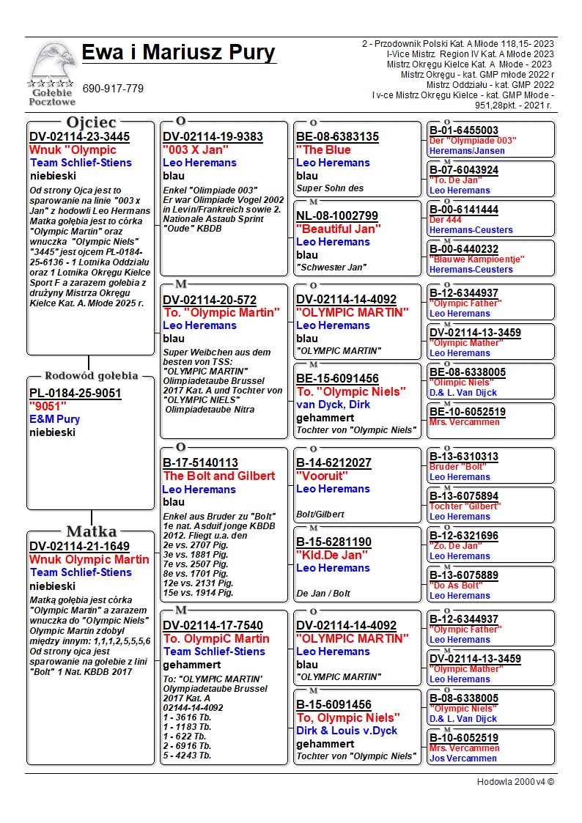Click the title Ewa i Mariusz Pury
tap(178, 53)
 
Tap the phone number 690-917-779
tap(113, 89)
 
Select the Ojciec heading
tap(91, 122)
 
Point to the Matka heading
tap(91, 531)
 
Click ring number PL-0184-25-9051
tap(75, 394)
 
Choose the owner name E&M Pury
tap(55, 420)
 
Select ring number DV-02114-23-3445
tap(79, 137)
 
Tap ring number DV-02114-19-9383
tap(213, 137)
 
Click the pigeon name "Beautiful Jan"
tap(338, 229)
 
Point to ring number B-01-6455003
tap(464, 131)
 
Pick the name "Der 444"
tap(446, 220)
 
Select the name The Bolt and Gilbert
tap(219, 476)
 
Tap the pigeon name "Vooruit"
tap(322, 476)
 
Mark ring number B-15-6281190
tap(334, 542)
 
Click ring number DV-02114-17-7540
tap(213, 626)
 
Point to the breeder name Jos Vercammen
tap(463, 759)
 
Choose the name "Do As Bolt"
tap(455, 586)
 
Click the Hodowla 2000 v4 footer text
tap(515, 782)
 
